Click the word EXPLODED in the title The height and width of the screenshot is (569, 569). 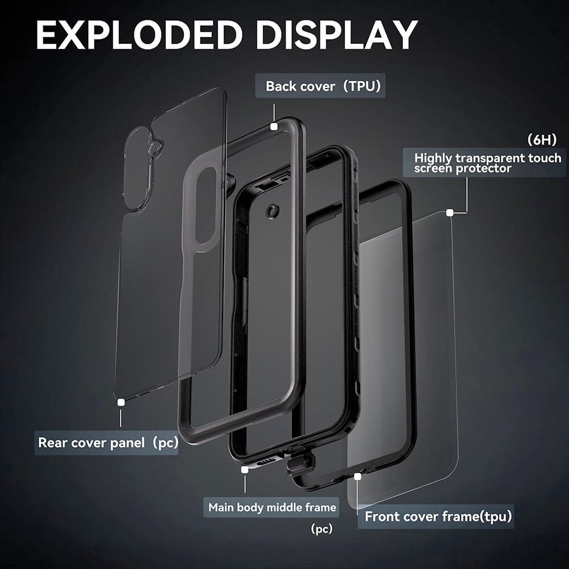139,35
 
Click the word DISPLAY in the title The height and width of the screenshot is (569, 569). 337,35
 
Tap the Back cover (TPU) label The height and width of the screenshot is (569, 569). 320,86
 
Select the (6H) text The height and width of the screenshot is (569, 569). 542,140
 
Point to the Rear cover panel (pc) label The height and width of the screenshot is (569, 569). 106,443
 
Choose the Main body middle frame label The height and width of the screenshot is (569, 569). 271,507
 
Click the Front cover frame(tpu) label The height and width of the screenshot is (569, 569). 435,517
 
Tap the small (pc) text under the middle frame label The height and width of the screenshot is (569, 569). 321,529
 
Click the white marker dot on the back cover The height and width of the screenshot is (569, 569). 274,126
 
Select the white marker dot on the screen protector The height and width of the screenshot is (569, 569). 450,213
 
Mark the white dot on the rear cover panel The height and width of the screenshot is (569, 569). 121,402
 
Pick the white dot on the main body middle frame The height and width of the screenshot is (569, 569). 245,469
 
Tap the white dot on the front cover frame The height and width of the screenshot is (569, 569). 358,476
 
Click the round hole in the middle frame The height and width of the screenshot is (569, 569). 271,211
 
